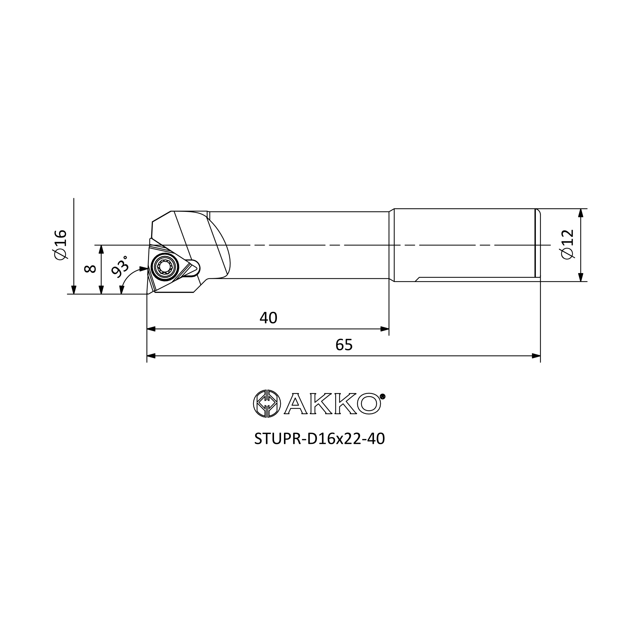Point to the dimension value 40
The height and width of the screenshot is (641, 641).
tap(268, 318)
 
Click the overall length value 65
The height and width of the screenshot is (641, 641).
tap(344, 345)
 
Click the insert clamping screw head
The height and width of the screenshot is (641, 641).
tap(164, 266)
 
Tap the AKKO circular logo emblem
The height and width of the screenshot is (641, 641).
tap(267, 404)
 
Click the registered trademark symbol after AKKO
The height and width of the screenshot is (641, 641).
tap(382, 396)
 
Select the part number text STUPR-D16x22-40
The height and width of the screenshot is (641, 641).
tap(320, 439)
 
